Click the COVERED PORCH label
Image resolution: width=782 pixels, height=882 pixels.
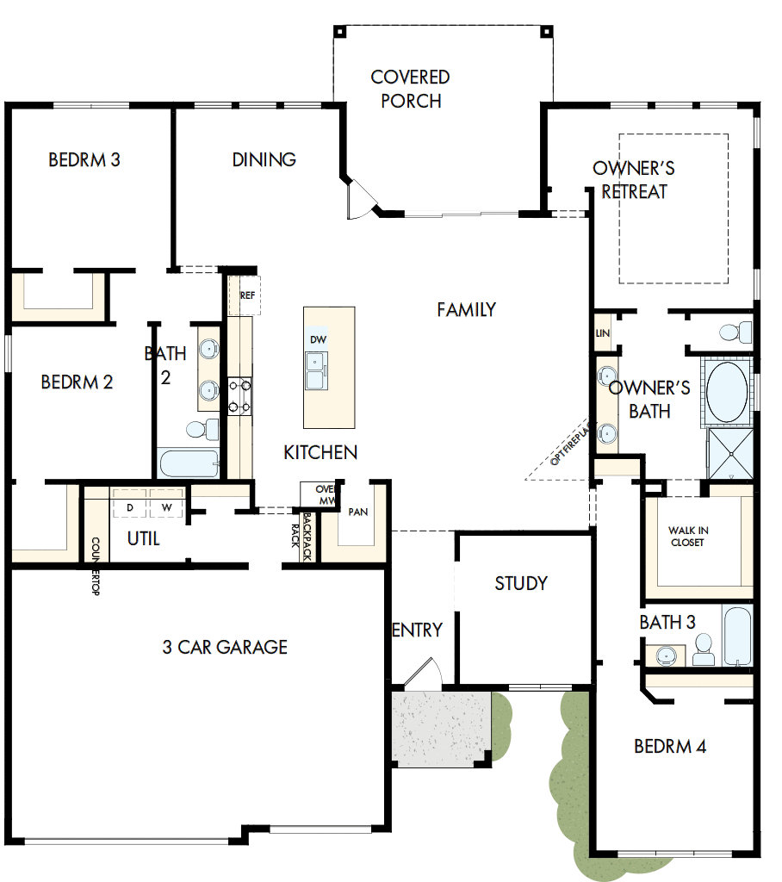411,89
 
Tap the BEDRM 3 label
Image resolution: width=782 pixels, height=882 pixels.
84,159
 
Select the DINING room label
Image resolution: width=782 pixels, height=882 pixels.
264,159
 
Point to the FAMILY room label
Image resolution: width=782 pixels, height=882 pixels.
466,309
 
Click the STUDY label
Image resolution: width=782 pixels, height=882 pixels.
521,583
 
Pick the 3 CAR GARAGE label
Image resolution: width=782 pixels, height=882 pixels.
225,647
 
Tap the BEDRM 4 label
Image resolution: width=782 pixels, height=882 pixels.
670,747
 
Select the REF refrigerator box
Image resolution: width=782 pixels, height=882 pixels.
247,295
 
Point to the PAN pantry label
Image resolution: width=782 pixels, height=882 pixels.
358,512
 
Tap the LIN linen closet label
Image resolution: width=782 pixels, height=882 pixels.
602,333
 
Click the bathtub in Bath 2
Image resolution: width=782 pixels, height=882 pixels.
189,463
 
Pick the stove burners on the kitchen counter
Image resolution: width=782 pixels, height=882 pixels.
239,397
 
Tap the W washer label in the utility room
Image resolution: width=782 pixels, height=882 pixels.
167,508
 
